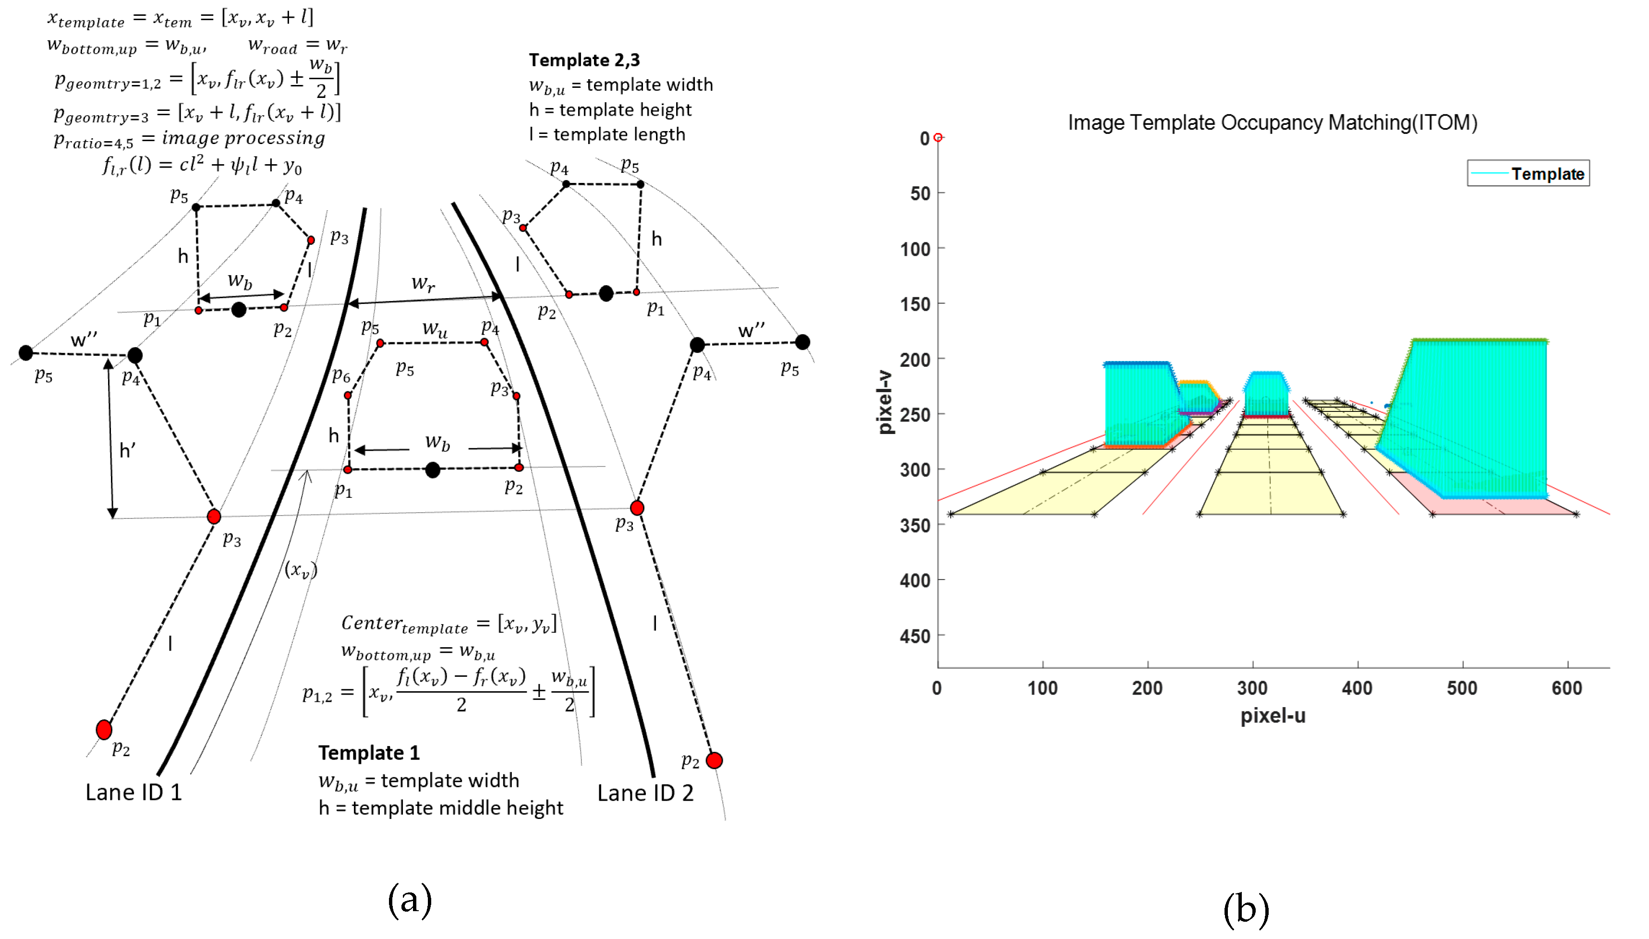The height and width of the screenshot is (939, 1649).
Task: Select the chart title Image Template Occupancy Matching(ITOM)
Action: click(x=1272, y=122)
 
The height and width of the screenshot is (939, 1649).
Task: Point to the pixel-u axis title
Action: click(x=1273, y=716)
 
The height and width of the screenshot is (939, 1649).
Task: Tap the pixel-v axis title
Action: click(x=885, y=402)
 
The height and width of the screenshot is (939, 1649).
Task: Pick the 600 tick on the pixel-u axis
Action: click(x=1566, y=688)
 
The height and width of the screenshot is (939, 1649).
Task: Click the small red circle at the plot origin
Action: click(x=938, y=137)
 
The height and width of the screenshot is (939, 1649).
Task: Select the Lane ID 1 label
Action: click(x=133, y=792)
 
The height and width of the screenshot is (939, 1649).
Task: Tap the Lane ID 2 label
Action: click(x=645, y=793)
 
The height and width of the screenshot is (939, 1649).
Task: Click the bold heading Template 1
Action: click(x=369, y=753)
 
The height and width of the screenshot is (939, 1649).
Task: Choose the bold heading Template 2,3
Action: click(x=584, y=60)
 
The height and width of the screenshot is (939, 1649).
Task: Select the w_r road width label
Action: click(x=423, y=283)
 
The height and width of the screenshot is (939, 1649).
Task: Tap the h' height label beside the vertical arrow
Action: click(x=127, y=450)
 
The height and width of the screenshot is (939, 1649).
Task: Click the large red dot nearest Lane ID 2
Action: click(x=714, y=760)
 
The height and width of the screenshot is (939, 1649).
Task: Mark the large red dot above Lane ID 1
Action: click(x=104, y=729)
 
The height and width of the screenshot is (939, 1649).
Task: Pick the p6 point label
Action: click(x=340, y=375)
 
